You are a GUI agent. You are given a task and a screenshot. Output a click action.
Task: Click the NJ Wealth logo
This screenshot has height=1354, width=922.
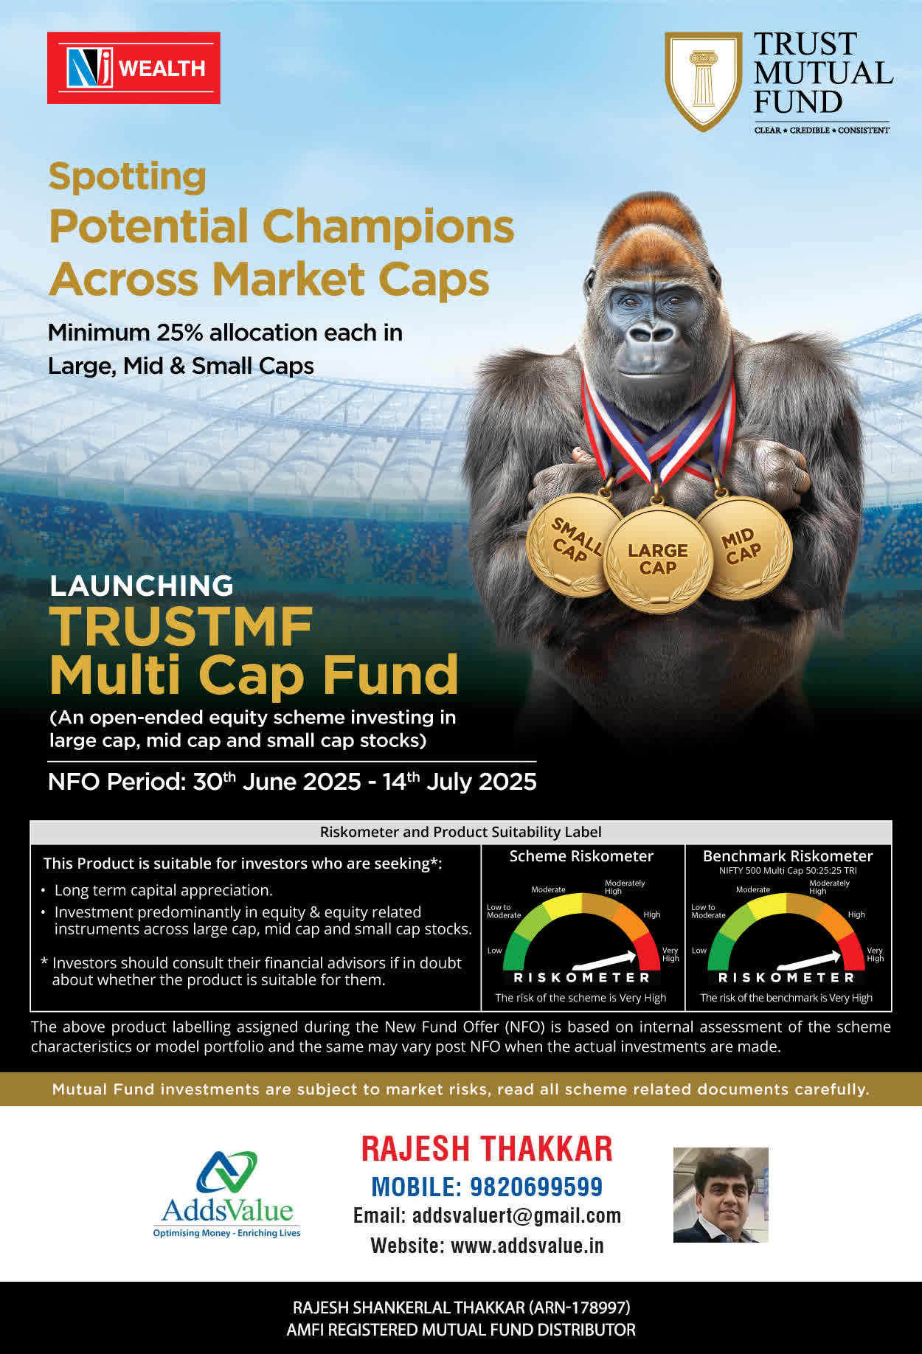pos(134,68)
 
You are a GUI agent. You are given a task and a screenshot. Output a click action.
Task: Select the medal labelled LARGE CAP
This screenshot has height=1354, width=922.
pos(657,559)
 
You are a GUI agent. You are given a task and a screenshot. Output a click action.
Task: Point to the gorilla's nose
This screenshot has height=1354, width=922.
pos(651,333)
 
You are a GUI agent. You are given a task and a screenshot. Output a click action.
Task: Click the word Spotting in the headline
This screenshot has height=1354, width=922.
pos(127,178)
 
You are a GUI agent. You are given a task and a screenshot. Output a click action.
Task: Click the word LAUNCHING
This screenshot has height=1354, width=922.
pos(141,586)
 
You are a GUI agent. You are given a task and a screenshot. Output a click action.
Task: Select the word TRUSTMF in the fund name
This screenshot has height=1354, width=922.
pos(181,627)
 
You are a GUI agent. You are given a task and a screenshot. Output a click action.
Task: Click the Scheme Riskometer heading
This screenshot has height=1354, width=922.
pos(581,856)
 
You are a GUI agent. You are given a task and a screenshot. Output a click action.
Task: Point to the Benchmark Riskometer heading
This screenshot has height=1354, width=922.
pos(788,856)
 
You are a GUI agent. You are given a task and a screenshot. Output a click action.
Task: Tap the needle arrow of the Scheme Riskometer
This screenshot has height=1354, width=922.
pos(605,960)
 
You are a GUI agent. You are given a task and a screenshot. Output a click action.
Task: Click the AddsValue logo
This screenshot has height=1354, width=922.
pos(226,1195)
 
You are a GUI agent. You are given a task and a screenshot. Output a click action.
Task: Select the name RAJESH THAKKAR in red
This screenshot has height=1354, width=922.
pos(487,1149)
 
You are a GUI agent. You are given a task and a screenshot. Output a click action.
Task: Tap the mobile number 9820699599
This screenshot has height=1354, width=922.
pos(536,1187)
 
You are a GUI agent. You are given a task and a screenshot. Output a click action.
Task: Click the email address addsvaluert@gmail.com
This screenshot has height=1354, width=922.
pos(516,1215)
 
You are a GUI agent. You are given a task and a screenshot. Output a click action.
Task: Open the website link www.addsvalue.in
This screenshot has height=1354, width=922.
pos(527,1246)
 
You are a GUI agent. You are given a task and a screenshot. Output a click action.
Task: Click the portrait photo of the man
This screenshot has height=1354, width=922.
pos(721,1195)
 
